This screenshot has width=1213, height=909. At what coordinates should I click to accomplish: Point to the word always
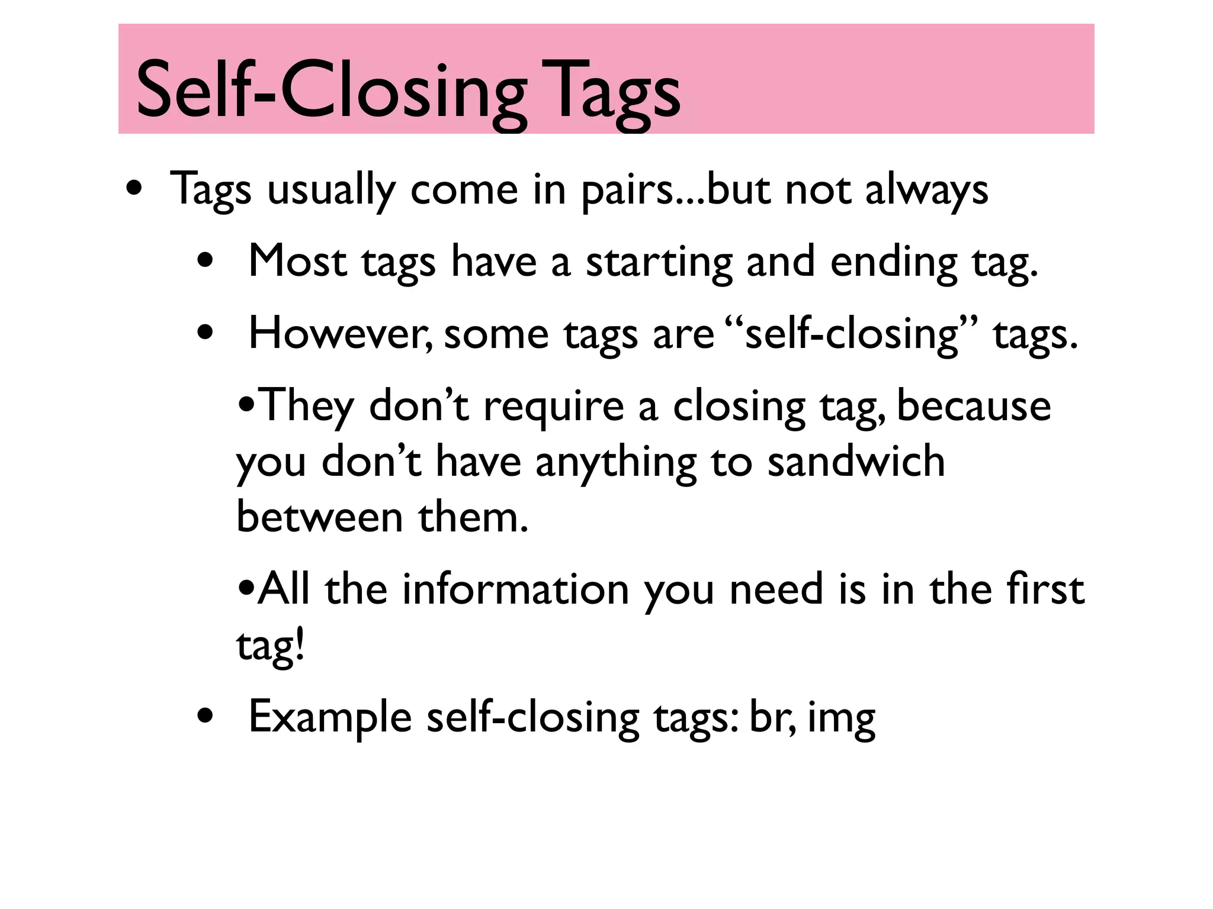[x=926, y=191]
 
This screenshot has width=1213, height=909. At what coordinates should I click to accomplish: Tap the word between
[x=320, y=517]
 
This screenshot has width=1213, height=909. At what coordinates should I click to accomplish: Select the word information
[x=515, y=589]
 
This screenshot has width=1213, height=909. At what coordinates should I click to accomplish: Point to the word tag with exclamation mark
[x=270, y=646]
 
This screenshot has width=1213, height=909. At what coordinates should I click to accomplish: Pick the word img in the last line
[x=841, y=718]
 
